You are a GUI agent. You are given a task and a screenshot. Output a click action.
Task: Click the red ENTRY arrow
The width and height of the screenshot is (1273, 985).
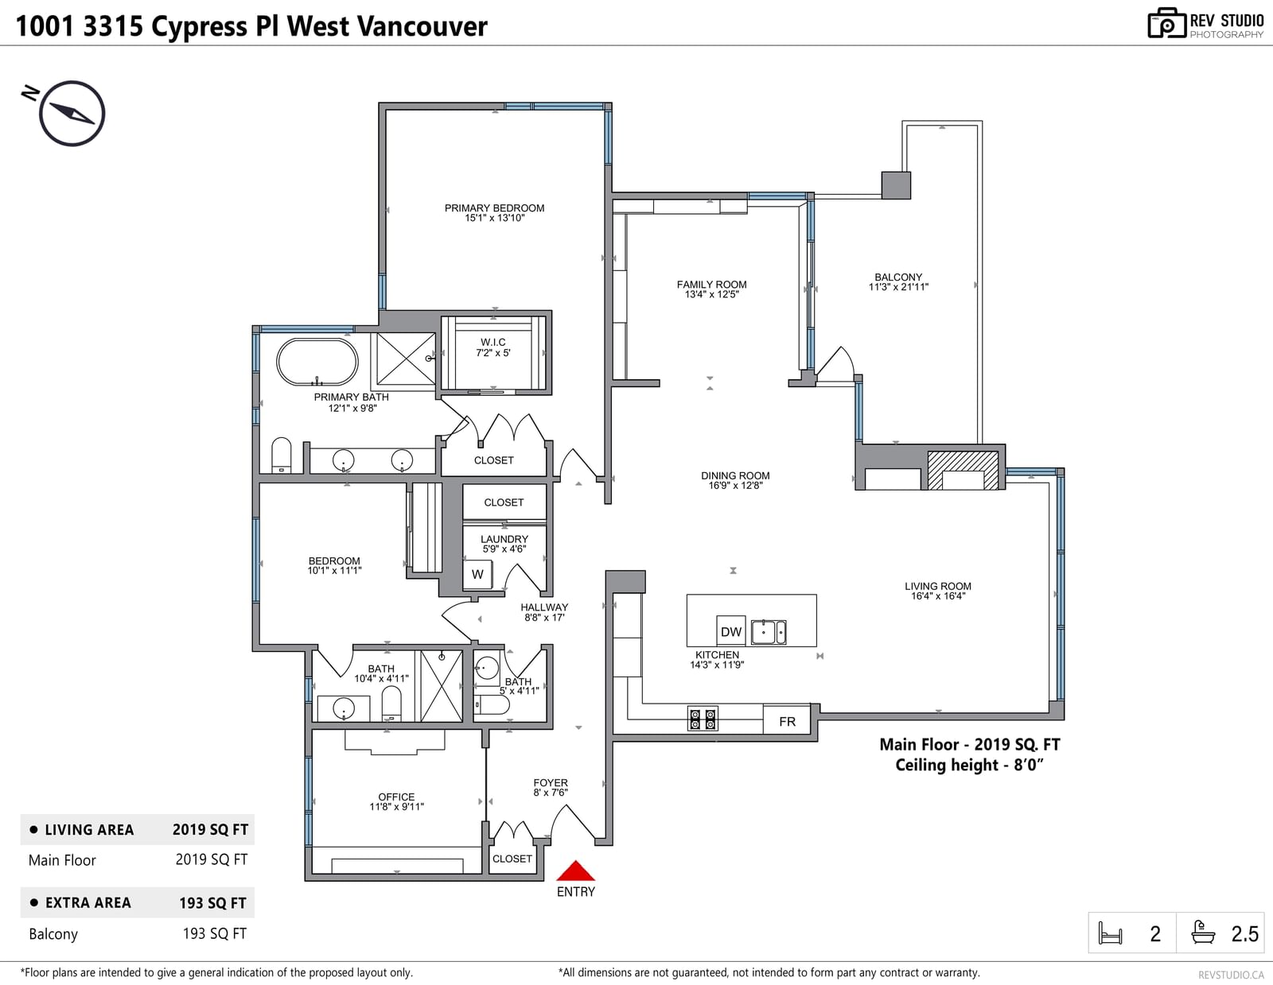point(575,871)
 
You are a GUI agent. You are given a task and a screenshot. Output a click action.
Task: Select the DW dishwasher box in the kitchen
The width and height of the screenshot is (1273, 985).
point(730,631)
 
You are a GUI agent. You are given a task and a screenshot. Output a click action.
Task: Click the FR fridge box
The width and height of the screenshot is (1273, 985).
point(787,721)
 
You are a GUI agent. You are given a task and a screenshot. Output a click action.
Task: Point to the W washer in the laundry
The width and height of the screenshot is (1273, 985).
point(477,574)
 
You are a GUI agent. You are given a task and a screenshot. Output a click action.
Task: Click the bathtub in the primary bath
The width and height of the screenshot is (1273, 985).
point(317,362)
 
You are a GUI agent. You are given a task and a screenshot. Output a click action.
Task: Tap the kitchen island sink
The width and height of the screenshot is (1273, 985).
point(769,632)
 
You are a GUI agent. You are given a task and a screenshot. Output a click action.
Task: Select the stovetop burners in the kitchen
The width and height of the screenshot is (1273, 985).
point(703,719)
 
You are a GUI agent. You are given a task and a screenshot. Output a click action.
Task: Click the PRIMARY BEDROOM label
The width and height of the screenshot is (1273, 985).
point(494,207)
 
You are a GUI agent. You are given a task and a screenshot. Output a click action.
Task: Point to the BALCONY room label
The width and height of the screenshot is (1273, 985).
point(898,277)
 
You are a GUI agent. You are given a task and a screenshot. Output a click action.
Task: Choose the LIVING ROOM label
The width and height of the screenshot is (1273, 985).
point(937,586)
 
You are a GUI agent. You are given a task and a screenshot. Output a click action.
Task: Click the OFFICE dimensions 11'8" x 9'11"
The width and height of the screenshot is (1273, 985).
point(396,806)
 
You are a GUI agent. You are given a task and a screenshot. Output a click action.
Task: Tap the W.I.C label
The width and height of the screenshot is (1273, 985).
point(493,342)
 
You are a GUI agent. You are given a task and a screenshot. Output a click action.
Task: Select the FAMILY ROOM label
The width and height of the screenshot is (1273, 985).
point(711,285)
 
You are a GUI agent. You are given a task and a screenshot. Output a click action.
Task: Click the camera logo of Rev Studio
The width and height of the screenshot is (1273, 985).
point(1166,23)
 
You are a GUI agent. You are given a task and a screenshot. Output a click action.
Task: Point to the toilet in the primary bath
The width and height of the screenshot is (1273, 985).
point(281,455)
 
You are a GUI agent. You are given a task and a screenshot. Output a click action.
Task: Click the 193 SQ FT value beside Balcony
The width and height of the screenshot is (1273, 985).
point(214,933)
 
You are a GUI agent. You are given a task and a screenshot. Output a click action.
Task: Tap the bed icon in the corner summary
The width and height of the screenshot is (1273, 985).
point(1110,933)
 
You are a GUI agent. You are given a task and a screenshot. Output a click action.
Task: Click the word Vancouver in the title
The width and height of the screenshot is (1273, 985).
point(422,26)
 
